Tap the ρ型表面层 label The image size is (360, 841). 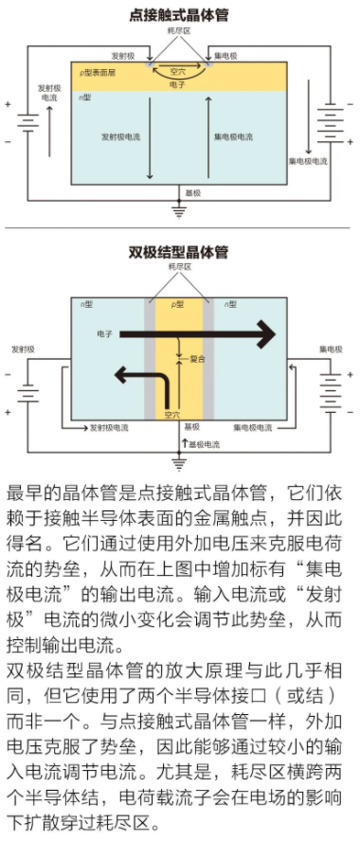[99, 73]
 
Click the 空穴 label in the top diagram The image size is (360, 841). [177, 71]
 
